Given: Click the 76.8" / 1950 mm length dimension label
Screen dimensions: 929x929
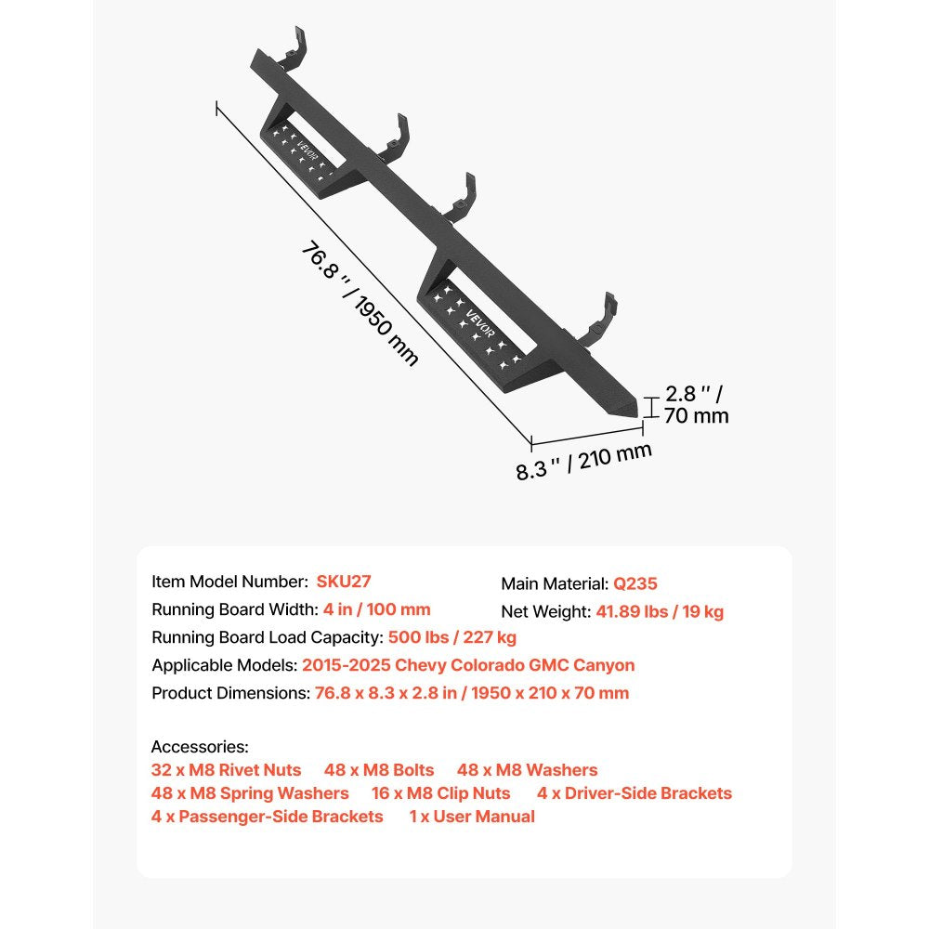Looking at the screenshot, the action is point(360,304).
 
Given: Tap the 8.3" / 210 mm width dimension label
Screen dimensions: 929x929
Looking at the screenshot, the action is point(583,462).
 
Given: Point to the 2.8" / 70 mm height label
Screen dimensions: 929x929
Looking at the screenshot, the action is point(696,405).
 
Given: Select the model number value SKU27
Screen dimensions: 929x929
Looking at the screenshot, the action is point(344,582).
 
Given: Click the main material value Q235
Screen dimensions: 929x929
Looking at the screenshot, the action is point(635,583).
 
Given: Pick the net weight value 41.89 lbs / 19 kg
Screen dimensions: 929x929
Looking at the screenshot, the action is point(660,611).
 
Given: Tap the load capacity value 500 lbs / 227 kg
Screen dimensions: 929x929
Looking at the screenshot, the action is point(452,637).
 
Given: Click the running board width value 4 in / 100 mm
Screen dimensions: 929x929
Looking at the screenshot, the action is point(377,609).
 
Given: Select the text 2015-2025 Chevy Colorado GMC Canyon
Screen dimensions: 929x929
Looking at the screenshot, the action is point(468,665).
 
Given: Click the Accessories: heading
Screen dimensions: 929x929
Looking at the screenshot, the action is point(200,747).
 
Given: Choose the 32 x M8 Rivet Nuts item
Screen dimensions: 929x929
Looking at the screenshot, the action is point(227,769).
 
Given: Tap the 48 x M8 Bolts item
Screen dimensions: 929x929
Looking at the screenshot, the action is point(379,769).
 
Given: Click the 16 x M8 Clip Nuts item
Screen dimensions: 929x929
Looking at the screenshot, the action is point(440,792).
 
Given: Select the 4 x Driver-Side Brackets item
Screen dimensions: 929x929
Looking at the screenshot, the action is point(635,792).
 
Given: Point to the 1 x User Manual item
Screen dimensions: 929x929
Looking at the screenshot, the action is point(472,817).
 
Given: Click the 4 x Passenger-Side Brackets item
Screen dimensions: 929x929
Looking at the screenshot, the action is point(268,817).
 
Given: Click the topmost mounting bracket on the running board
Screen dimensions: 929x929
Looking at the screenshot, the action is point(295,47).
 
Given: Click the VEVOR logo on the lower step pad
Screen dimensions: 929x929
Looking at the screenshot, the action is point(480,323).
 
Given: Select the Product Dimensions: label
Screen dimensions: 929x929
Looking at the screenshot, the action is point(230,693).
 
